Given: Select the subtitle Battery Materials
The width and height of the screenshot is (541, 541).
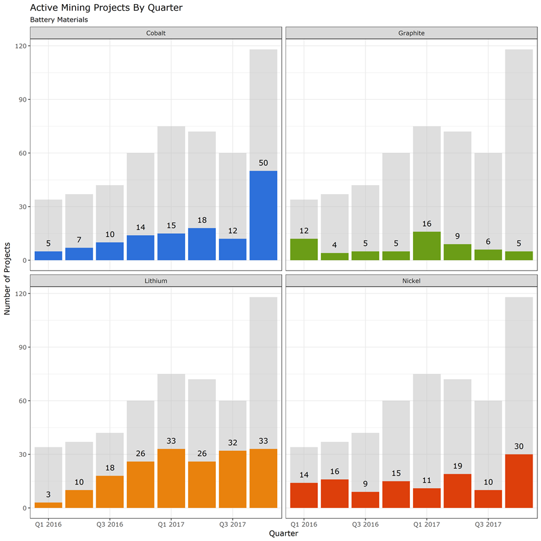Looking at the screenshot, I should (59, 20).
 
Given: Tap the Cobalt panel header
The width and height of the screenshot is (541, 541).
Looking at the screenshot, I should (156, 33).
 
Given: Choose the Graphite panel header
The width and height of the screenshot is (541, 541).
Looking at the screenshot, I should (411, 33).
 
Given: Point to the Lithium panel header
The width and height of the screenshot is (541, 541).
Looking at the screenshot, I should (156, 281).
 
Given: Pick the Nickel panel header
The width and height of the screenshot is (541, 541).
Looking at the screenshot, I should (411, 281).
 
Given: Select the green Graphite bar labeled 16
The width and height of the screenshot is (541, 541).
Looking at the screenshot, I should (427, 246).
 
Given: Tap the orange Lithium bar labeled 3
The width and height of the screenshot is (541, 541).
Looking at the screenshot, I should (49, 505).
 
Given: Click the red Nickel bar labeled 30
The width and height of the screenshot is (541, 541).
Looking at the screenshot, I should (519, 481).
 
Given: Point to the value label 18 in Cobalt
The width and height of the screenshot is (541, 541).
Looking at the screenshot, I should (202, 221).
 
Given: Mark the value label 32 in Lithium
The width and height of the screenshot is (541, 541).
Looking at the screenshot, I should (233, 443).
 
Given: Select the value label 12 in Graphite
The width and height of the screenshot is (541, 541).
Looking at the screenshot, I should (304, 231).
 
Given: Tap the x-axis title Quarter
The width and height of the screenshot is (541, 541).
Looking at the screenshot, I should (283, 533).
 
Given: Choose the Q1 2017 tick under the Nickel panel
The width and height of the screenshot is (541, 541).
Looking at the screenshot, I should (427, 524).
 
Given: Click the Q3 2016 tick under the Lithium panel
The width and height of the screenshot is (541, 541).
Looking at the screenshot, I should (110, 524).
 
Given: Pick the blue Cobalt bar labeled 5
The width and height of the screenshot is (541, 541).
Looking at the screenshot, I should (49, 255).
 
